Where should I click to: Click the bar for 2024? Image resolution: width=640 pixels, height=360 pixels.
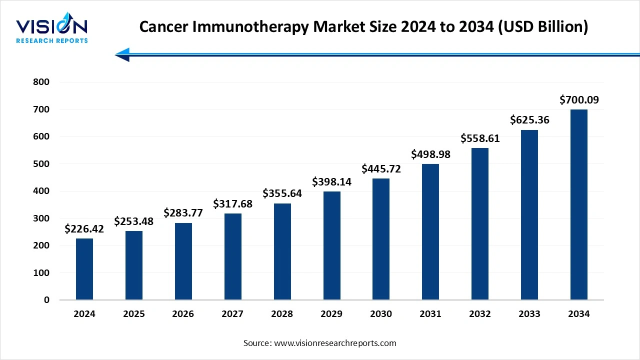84,269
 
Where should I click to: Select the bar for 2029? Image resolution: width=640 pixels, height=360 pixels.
331,245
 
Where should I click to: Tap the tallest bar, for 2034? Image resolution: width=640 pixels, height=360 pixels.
579,204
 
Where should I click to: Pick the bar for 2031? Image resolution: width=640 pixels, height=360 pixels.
430,232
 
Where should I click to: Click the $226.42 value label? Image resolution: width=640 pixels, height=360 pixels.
84,229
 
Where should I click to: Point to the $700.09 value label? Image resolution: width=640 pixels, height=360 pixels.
579,100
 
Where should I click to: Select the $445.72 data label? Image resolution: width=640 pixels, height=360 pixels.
381,169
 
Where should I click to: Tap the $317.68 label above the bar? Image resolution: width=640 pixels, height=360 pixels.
232,204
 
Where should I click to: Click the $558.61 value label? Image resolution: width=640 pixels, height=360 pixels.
480,138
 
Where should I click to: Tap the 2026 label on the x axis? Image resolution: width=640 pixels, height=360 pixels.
183,314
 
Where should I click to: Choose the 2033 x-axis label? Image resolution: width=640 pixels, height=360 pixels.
529,314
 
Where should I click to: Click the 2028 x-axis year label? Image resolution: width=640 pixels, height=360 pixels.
282,314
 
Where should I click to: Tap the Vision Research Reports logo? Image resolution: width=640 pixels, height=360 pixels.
51,30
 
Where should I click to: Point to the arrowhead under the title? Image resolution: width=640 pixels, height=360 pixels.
122,54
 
